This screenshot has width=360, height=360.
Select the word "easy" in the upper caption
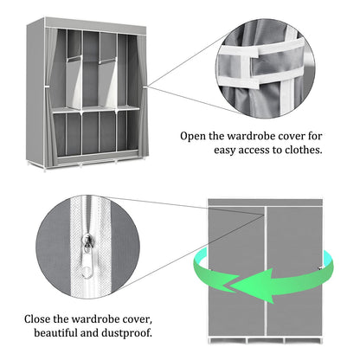point(231,151)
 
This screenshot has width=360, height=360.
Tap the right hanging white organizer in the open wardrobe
point(108,83)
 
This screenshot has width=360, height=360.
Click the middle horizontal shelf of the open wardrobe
point(94,111)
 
